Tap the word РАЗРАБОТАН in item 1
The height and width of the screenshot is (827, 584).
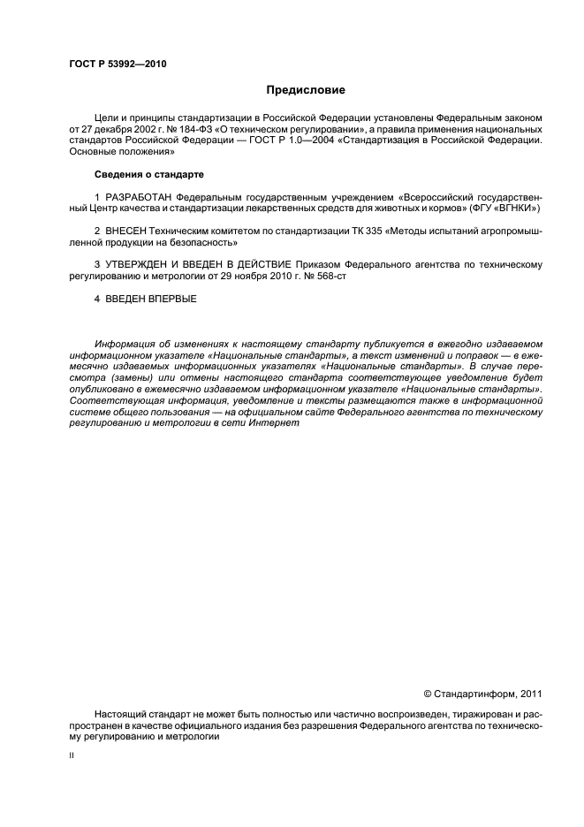click(138, 196)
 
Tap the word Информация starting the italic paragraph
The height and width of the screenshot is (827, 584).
click(127, 343)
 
